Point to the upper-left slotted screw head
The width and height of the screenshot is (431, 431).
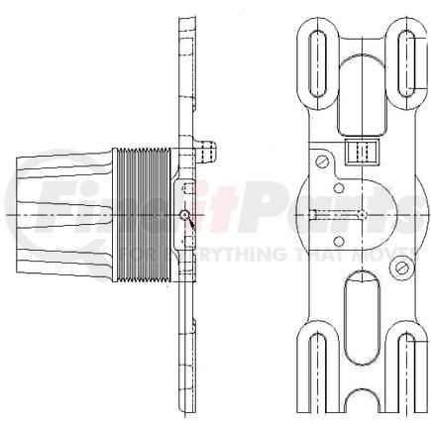pyautogui.click(x=321, y=162)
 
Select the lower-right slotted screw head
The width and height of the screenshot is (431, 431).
pyautogui.click(x=401, y=267)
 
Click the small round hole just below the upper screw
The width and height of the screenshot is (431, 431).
pyautogui.click(x=339, y=186)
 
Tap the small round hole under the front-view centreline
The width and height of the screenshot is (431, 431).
pyautogui.click(x=339, y=241)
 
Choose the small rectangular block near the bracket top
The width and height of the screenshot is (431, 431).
pyautogui.click(x=363, y=151)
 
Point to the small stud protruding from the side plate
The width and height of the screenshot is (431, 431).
pyautogui.click(x=205, y=149)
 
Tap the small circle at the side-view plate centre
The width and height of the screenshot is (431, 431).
pyautogui.click(x=185, y=214)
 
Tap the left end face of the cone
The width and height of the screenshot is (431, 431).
pyautogui.click(x=19, y=212)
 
